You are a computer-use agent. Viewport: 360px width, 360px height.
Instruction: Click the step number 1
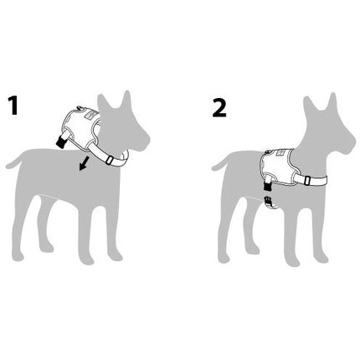click(x=13, y=105)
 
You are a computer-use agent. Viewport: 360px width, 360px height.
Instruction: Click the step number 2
click(x=219, y=107)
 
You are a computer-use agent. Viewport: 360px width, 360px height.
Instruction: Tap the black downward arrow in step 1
click(x=85, y=163)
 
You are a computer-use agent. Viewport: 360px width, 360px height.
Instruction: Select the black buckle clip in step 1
click(x=61, y=141)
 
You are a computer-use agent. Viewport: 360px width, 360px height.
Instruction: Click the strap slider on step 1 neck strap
click(x=110, y=160)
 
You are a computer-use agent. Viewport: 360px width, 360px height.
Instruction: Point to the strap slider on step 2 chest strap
click(x=307, y=180)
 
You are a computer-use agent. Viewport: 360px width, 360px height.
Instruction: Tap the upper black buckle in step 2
click(x=268, y=186)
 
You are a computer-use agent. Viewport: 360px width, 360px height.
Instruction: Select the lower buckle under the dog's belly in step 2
click(x=268, y=199)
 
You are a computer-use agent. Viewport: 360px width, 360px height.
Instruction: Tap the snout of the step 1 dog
click(x=144, y=142)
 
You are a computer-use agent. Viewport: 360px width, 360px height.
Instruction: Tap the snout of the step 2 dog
click(x=349, y=145)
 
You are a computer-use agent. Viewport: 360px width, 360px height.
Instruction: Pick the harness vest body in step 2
click(x=278, y=166)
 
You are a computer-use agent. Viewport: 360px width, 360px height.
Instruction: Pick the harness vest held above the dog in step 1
click(x=81, y=126)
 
